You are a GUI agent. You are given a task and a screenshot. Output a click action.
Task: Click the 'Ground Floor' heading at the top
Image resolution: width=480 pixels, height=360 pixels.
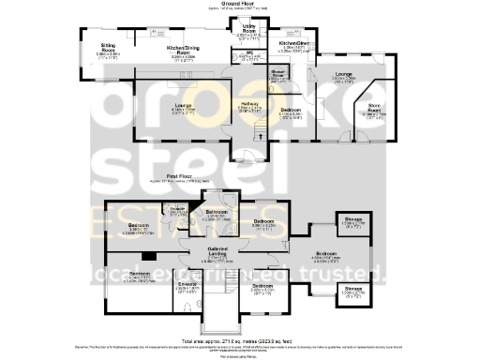pos(239,4)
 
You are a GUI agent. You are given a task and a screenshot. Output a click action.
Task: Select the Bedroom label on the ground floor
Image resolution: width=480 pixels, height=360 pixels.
pos(292,111)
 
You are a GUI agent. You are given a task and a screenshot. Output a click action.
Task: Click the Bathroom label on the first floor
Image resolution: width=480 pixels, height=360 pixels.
pos(217,213)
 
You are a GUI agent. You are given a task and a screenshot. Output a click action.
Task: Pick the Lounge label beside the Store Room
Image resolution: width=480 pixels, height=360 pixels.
pos(343,77)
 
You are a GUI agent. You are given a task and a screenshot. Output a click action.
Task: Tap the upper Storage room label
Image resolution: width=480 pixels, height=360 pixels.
pos(352,223)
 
